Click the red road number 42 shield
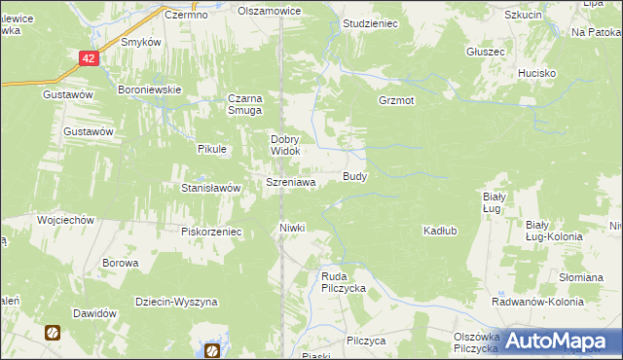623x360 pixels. pyautogui.click(x=89, y=59)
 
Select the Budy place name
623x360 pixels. pyautogui.click(x=355, y=177)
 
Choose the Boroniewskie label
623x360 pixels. pyautogui.click(x=150, y=90)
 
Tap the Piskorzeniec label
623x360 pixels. pyautogui.click(x=210, y=232)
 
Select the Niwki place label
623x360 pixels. pyautogui.click(x=292, y=228)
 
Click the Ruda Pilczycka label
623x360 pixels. pyautogui.click(x=343, y=282)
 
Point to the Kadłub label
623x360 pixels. pyautogui.click(x=440, y=231)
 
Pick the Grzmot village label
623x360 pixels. pyautogui.click(x=397, y=100)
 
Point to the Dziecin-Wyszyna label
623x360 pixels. pyautogui.click(x=176, y=303)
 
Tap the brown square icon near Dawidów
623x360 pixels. pyautogui.click(x=52, y=332)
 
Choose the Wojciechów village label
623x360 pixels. pyautogui.click(x=65, y=221)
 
